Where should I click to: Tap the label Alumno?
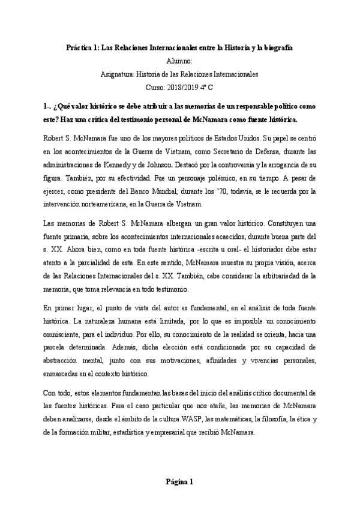click(x=180, y=61)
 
